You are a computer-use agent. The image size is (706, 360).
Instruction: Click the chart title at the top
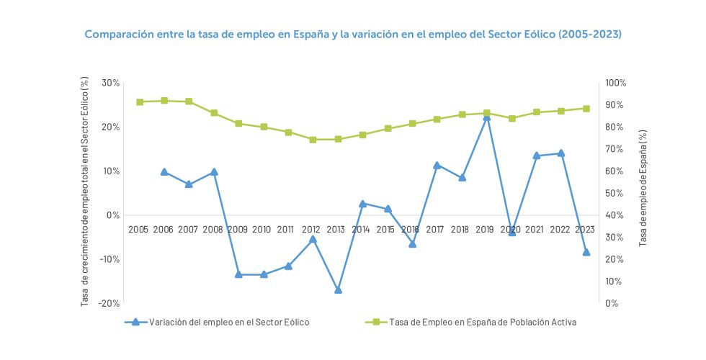(353, 34)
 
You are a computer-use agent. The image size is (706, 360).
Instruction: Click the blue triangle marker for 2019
(487, 117)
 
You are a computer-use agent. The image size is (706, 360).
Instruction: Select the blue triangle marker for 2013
(338, 289)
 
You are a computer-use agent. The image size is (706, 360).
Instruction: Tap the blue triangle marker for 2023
(586, 252)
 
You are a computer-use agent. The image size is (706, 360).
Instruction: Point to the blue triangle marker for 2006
(164, 172)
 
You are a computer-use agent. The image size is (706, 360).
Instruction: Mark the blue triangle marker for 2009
(238, 274)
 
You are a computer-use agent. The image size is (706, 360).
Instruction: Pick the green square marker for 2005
(140, 102)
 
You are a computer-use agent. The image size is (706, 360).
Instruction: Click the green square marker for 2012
(313, 140)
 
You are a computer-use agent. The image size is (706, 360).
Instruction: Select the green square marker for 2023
(586, 109)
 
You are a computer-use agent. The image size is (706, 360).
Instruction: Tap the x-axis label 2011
(286, 229)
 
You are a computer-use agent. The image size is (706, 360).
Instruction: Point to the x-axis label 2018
(460, 229)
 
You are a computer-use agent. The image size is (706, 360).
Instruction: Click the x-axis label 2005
(138, 229)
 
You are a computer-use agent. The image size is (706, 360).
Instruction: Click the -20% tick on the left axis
(109, 303)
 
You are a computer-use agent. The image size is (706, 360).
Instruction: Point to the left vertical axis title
(86, 193)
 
